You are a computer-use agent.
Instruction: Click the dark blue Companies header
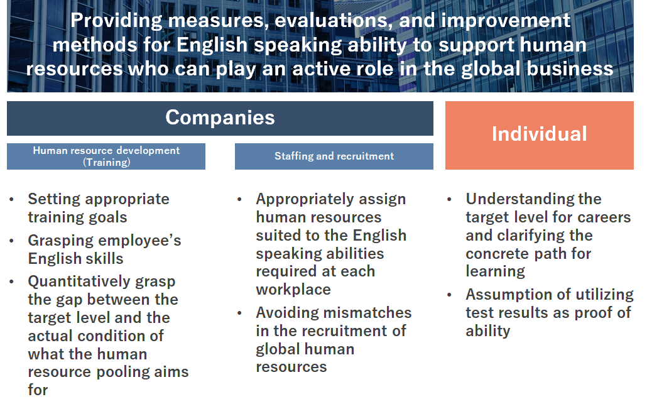pos(220,118)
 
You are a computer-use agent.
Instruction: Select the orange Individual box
pos(540,135)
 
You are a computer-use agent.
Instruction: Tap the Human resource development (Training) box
pos(106,156)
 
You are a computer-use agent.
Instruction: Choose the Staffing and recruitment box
pos(334,156)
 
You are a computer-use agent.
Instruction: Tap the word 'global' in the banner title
pos(491,69)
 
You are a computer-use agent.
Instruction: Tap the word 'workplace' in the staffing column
pos(293,290)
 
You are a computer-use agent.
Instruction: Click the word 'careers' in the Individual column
pos(604,217)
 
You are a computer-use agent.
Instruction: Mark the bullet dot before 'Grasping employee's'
pos(11,241)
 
